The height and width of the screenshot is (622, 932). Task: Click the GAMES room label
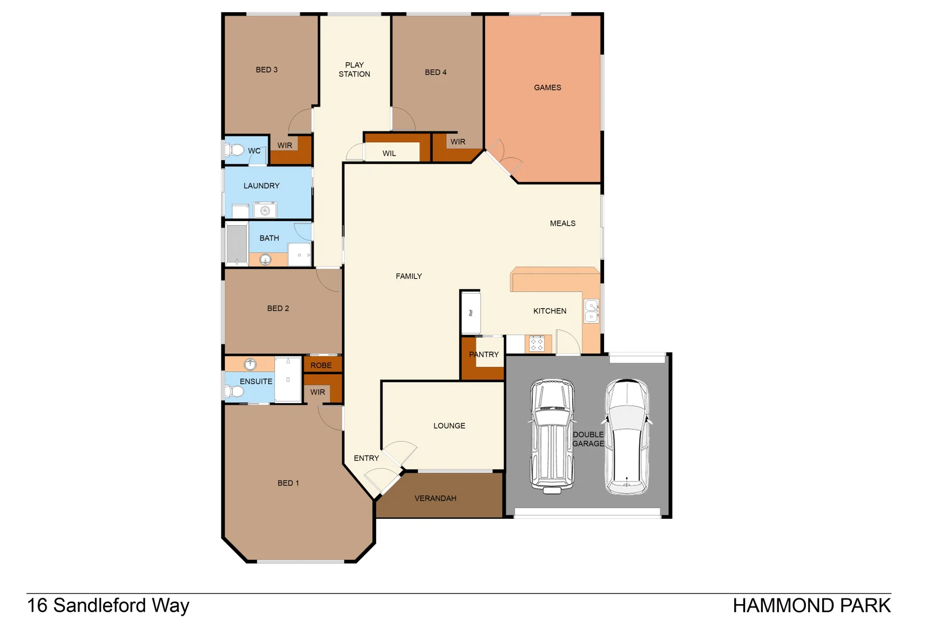547,88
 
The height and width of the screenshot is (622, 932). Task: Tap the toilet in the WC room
235,150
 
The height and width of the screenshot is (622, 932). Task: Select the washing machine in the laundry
265,210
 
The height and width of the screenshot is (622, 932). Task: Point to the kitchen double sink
591,311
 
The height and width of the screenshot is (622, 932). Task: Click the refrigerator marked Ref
471,313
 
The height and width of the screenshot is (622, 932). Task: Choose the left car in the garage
552,436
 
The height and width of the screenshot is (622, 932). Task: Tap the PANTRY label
484,355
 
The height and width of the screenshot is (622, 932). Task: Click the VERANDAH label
436,498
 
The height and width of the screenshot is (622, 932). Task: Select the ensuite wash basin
250,364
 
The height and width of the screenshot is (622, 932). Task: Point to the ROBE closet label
321,365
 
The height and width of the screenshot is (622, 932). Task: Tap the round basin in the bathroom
265,260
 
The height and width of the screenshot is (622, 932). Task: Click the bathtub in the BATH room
236,244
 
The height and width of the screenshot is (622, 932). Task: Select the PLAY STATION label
354,70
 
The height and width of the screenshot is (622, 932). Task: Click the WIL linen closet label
389,153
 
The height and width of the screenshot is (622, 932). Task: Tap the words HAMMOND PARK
811,606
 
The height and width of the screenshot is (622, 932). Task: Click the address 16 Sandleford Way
108,606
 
